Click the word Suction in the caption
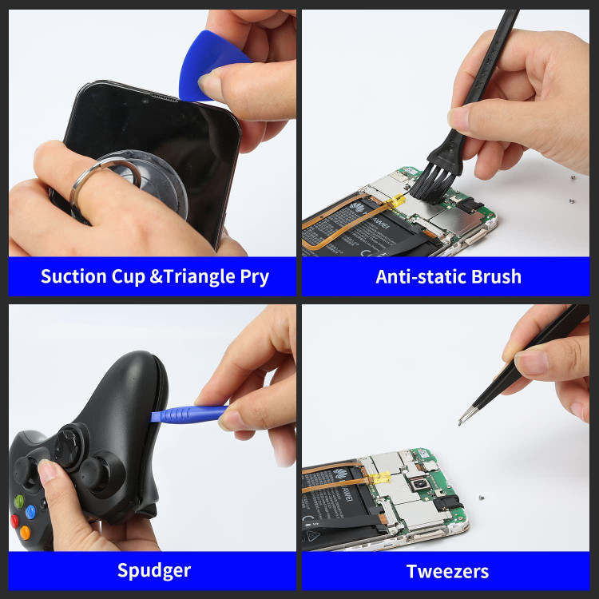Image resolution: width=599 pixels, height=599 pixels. (73, 276)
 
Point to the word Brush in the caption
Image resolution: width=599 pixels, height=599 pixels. (496, 276)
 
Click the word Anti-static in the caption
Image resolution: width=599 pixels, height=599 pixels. (422, 276)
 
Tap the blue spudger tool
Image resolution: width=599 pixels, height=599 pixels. (189, 414)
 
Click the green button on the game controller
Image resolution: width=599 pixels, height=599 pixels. (18, 501)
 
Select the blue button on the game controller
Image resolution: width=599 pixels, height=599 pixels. (30, 512)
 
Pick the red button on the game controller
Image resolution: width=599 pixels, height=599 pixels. (14, 521)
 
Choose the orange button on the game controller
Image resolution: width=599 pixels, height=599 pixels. (26, 533)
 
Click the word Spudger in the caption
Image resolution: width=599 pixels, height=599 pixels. (154, 571)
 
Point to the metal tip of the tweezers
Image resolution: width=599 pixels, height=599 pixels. (459, 423)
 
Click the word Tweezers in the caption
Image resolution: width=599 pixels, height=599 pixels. (447, 572)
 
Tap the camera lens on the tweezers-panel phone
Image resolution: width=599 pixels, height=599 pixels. (420, 486)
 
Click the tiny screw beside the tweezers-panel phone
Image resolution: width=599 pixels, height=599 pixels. (482, 498)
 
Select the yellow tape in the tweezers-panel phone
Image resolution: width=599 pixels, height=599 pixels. (379, 478)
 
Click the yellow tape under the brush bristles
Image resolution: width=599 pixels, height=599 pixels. (396, 200)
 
